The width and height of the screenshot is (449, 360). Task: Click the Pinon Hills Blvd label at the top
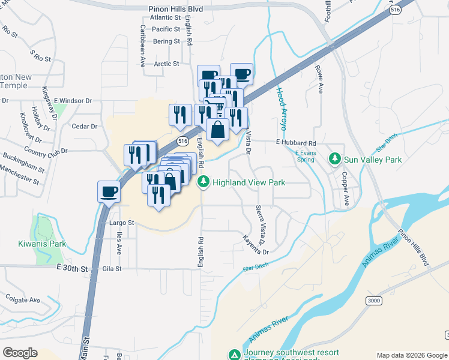point(176,10)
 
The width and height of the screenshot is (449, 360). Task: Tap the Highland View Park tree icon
point(203,181)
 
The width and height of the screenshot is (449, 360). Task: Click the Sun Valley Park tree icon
point(336,160)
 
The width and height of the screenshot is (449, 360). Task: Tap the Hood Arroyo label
point(281,109)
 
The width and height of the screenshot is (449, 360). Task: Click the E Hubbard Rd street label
point(295,143)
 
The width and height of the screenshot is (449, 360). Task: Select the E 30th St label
point(72,268)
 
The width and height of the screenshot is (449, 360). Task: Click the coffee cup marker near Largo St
point(109,192)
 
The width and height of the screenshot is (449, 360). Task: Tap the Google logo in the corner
point(20,352)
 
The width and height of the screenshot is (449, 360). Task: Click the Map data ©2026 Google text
point(412,355)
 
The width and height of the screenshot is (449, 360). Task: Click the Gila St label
point(112,268)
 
